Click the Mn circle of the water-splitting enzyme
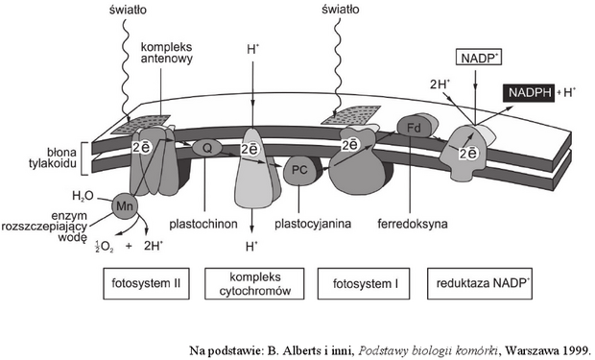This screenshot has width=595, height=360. tap(125, 206)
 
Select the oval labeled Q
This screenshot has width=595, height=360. tap(206, 148)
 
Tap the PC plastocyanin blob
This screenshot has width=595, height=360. tap(299, 170)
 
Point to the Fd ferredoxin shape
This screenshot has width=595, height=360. tap(414, 128)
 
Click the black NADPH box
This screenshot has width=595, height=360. tap(530, 93)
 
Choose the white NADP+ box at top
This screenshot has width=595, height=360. tap(479, 59)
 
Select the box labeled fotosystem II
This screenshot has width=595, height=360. tap(146, 283)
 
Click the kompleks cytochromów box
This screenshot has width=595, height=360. tap(254, 283)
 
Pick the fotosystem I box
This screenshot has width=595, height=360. tap(364, 283)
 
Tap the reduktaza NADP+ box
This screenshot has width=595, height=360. tap(480, 283)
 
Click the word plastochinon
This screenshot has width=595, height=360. tap(203, 224)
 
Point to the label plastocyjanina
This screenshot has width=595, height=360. tap(313, 224)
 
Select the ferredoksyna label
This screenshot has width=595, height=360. tap(412, 224)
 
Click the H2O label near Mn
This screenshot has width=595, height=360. tap(83, 196)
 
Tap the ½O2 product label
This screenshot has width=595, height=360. tap(104, 247)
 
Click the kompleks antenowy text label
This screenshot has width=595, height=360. tap(166, 53)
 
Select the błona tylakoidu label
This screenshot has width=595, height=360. tap(53, 157)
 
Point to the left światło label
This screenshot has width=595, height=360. tap(128, 10)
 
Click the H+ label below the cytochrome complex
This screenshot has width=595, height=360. tap(251, 247)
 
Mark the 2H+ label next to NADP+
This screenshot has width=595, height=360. tap(440, 84)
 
